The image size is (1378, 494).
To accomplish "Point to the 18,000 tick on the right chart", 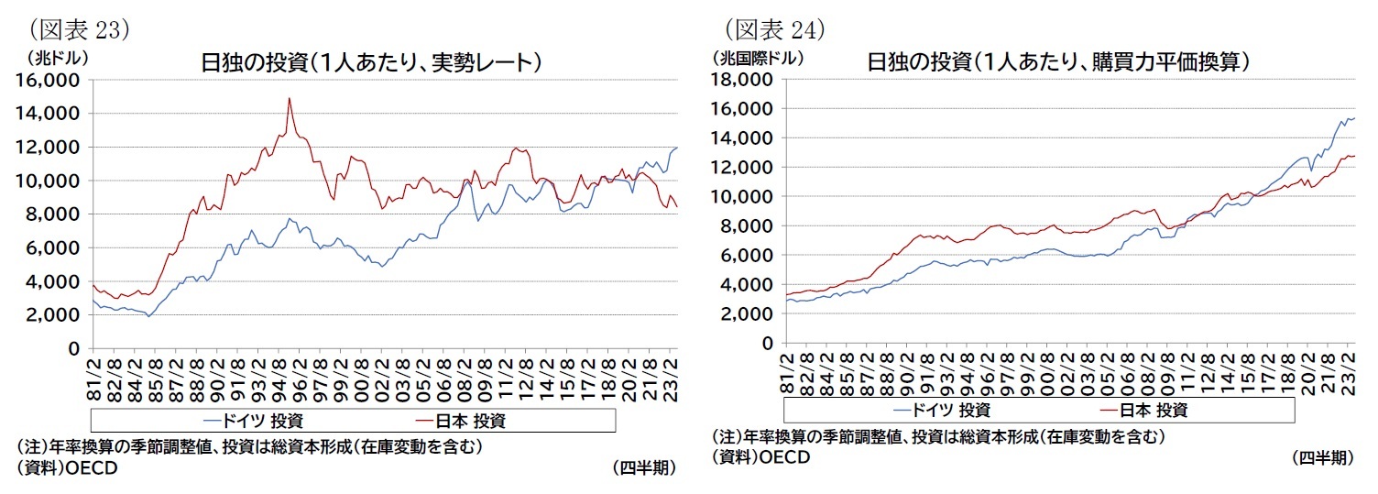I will pyautogui.click(x=739, y=79).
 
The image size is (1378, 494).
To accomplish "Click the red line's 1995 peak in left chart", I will pyautogui.click(x=290, y=98).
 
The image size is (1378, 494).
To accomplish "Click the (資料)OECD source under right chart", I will pyautogui.click(x=760, y=457).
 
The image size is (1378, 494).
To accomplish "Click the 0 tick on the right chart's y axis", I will pyautogui.click(x=766, y=343).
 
